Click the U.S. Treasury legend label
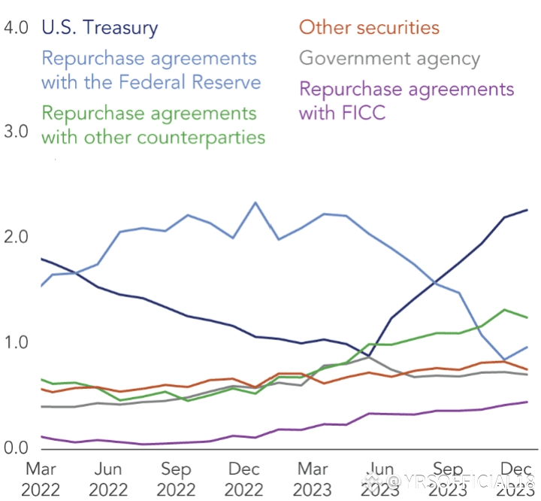point(99,29)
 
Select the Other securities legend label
point(369,28)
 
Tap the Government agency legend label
point(389,58)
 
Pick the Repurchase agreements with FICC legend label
point(406,101)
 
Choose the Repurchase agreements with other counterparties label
point(153,125)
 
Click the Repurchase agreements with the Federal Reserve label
point(150,69)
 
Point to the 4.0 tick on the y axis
point(16,29)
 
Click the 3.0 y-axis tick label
point(16,132)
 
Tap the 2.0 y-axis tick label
point(16,237)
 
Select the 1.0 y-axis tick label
point(16,343)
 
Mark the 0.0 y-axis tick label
point(16,448)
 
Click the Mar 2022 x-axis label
point(41,479)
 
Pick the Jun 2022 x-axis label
point(108,479)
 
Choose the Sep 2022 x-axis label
point(176,479)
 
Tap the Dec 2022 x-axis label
point(244,479)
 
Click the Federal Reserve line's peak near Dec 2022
point(255,202)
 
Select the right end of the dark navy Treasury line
point(527,210)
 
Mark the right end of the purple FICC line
point(527,402)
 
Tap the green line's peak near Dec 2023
point(505,309)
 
